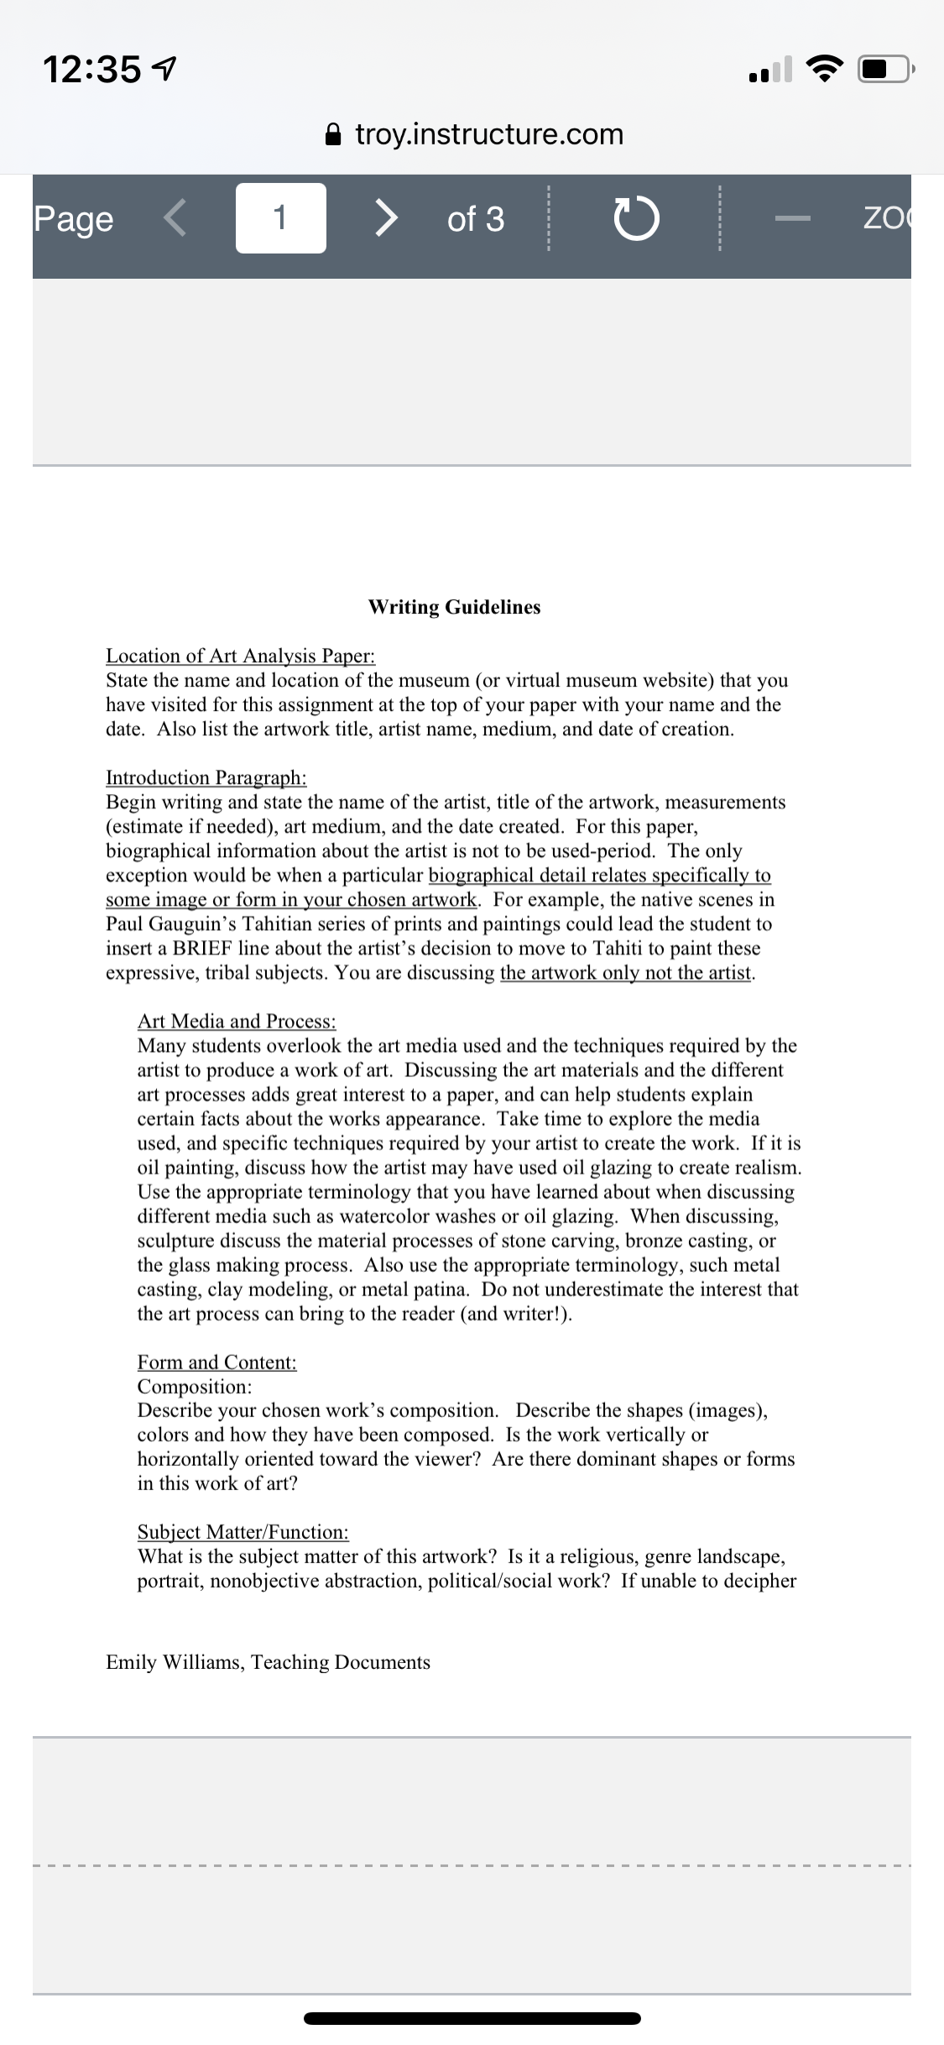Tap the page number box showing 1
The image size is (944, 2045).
280,218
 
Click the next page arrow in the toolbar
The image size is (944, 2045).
384,218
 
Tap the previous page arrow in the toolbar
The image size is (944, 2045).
175,218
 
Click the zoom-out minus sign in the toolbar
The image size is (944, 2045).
792,219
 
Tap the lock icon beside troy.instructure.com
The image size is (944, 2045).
333,134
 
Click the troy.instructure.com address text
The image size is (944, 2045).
489,134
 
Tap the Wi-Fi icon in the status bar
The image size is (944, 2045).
825,69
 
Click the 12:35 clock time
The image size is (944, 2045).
92,69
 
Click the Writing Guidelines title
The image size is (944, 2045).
454,607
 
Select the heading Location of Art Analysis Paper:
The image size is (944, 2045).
240,656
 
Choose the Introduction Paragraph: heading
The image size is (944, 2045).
206,777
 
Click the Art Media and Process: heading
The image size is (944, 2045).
237,1021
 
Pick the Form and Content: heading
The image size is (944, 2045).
216,1362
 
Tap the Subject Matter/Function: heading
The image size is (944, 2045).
243,1532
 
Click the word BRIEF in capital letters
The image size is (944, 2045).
201,949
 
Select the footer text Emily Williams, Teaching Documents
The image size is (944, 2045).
268,1662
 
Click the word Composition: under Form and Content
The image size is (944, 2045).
195,1386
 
